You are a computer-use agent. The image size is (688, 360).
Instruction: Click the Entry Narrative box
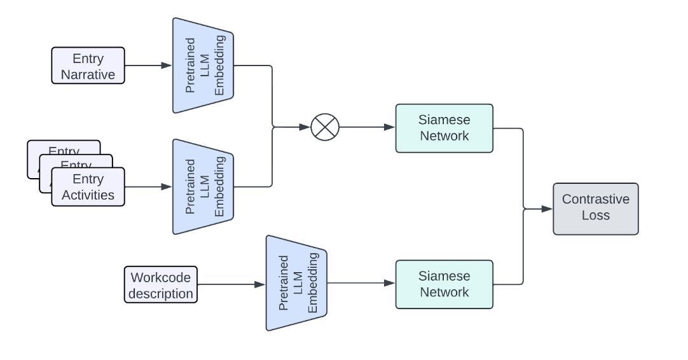click(88, 66)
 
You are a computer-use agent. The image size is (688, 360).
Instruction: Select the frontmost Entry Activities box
click(88, 187)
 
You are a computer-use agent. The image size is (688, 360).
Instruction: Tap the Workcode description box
click(162, 285)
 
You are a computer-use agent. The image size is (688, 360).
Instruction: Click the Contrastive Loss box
click(595, 208)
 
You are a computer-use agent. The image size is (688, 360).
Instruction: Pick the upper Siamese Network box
click(444, 128)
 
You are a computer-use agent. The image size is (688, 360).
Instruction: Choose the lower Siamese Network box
click(444, 284)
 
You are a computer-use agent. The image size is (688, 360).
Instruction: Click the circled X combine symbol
click(325, 127)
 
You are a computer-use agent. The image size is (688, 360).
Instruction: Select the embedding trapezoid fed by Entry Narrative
click(203, 66)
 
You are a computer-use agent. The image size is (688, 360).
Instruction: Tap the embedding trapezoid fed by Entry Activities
click(203, 186)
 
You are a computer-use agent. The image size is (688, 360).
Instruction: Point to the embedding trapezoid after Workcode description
click(296, 283)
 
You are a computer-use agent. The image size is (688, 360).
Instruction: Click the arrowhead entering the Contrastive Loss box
click(547, 208)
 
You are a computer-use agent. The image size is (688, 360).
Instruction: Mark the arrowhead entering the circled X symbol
click(305, 127)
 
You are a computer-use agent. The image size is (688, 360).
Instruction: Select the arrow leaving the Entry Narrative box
click(148, 66)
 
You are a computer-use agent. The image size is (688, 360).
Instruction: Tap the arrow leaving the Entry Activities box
click(148, 186)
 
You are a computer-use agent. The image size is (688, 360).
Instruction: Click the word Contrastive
click(595, 200)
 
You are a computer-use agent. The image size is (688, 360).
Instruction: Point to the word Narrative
click(88, 74)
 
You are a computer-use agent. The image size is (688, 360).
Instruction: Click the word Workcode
click(162, 277)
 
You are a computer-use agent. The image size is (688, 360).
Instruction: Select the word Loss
click(595, 216)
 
